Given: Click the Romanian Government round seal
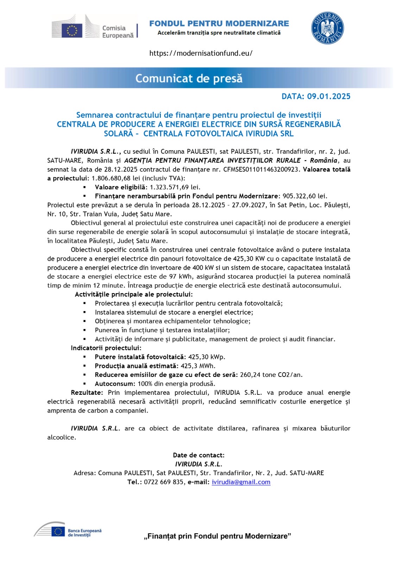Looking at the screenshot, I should (327, 28).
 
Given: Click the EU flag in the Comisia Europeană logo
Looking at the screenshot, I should (72, 30).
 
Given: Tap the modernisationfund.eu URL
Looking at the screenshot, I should (201, 53).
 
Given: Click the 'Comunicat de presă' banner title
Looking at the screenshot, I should (189, 78).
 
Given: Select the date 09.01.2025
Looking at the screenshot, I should (329, 96).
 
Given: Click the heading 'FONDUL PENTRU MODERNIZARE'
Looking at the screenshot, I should (219, 24).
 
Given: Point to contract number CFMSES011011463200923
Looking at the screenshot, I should (262, 169).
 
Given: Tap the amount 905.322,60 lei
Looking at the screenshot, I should (305, 196).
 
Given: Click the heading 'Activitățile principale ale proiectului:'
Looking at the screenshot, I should (134, 294).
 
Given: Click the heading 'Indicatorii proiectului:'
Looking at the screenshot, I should (106, 348).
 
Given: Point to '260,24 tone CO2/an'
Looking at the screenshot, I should (271, 375).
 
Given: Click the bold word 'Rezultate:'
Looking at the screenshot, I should (87, 392).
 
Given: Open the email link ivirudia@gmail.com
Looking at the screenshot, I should (241, 482).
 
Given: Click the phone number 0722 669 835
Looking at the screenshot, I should (164, 482).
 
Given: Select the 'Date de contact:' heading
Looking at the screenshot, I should (198, 455).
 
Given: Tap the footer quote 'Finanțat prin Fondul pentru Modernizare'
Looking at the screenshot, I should (217, 536).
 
